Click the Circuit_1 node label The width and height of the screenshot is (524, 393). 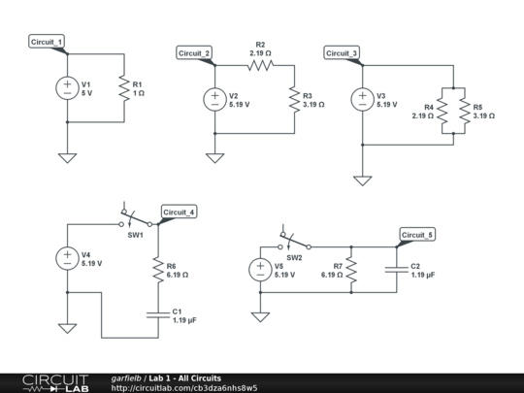tap(48, 42)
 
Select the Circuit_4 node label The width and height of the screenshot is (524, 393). tap(180, 212)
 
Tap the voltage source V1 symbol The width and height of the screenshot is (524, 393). tap(67, 88)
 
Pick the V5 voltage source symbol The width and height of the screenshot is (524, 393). tap(260, 271)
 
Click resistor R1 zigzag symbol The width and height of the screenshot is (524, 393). tap(124, 88)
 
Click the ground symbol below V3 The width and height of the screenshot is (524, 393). tap(362, 179)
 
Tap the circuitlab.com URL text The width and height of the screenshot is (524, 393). tap(184, 387)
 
